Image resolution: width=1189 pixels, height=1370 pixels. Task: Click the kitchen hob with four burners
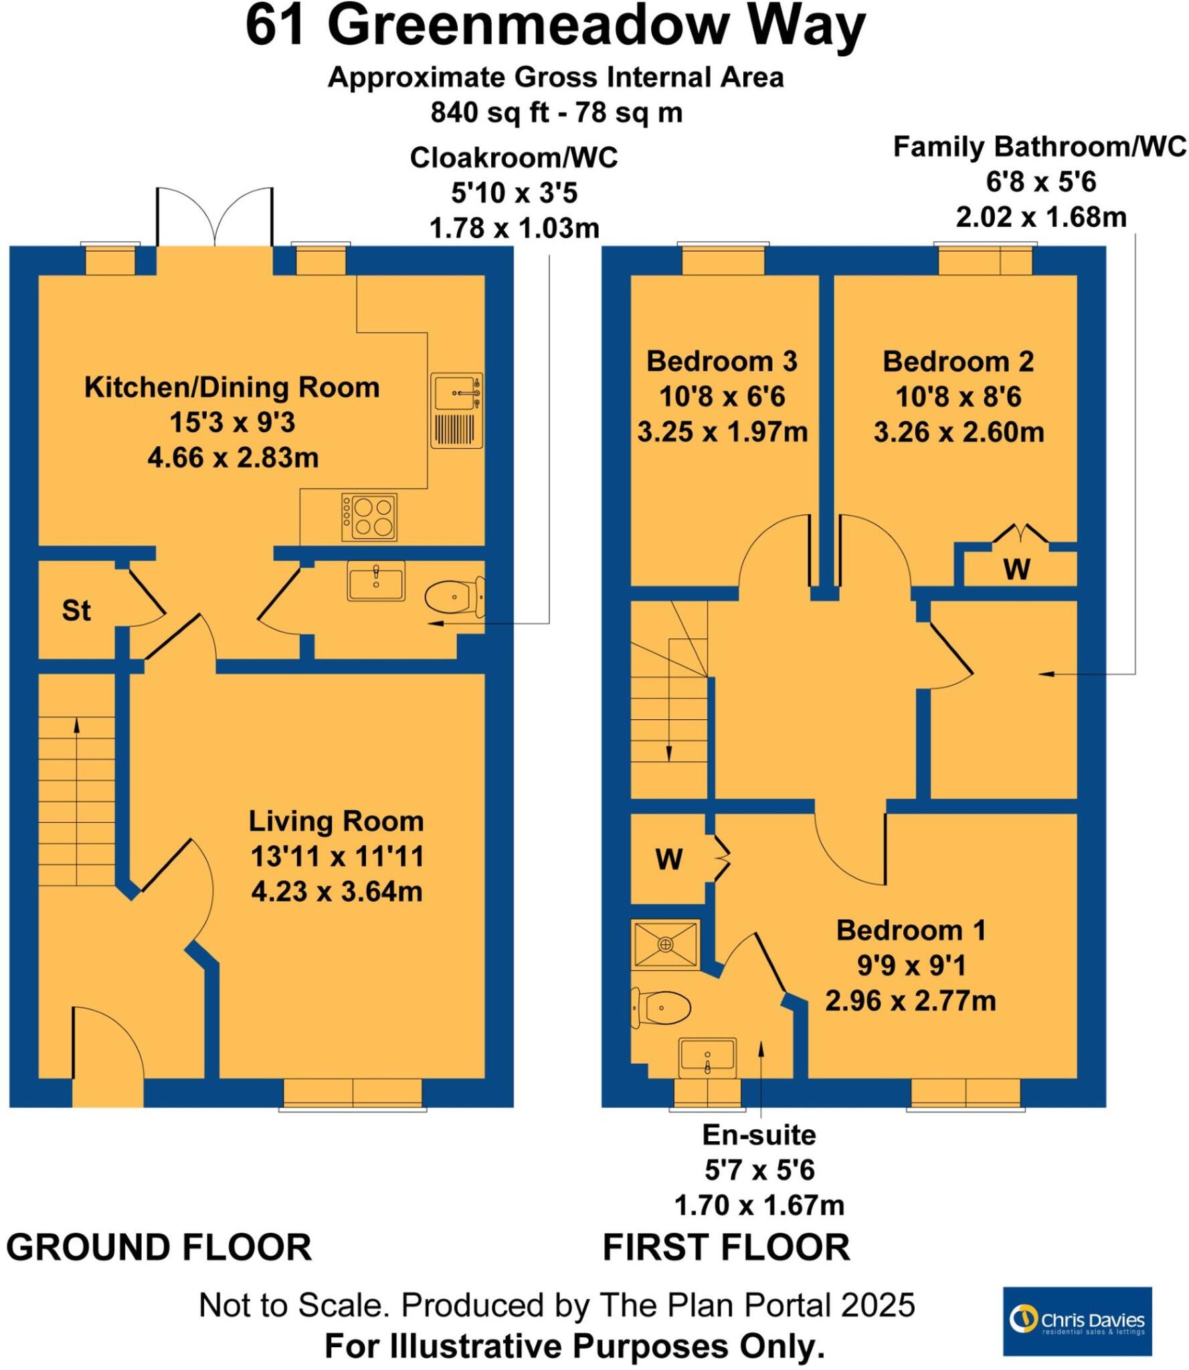tap(369, 517)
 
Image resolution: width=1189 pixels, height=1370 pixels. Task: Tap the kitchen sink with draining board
tap(456, 409)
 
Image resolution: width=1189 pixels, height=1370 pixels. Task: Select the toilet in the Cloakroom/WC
tap(453, 596)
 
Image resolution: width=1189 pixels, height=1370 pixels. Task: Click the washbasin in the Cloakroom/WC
tap(375, 580)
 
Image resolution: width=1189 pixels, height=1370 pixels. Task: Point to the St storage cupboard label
tap(76, 610)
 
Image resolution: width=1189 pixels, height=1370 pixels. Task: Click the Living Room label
tap(336, 821)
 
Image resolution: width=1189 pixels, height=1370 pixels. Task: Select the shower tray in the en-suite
tap(664, 944)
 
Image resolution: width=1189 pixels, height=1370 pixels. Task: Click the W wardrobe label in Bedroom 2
tap(1016, 569)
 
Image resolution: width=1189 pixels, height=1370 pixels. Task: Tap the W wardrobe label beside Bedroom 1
tap(669, 860)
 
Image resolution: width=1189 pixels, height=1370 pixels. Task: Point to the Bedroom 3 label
tap(721, 361)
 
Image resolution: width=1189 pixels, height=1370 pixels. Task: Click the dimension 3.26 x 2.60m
tap(958, 432)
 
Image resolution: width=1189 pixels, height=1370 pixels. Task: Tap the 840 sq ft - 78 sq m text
tap(556, 112)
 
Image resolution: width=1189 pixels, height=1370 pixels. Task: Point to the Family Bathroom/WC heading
tap(1039, 146)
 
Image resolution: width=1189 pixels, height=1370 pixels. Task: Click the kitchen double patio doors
tap(215, 221)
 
